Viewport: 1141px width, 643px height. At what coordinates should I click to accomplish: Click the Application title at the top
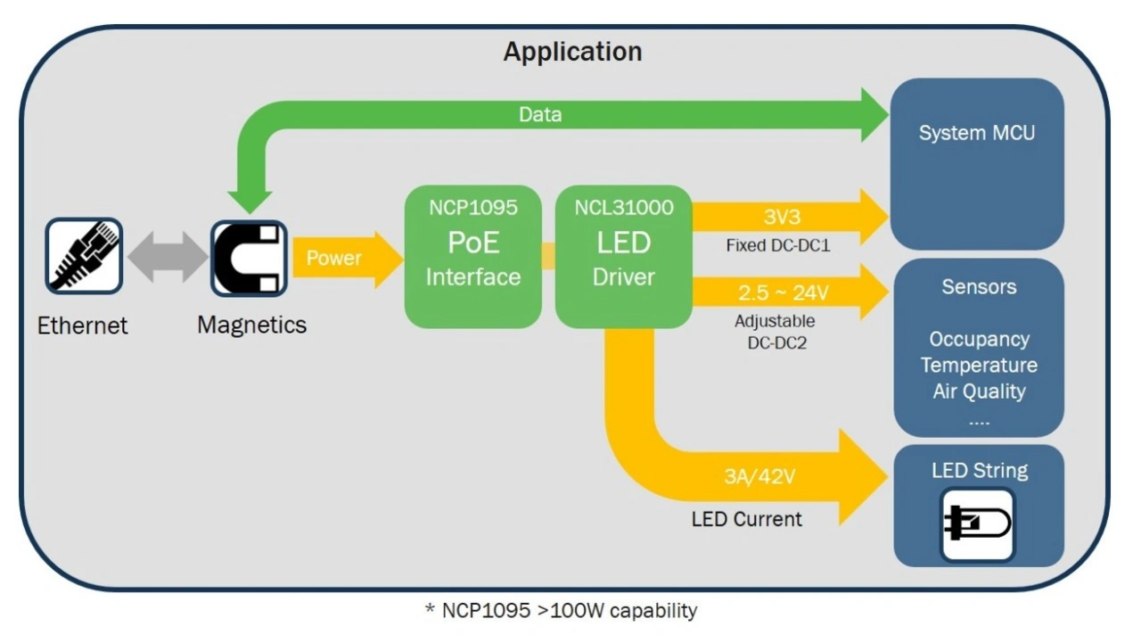point(572,52)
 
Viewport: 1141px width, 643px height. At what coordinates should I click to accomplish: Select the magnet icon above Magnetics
point(249,259)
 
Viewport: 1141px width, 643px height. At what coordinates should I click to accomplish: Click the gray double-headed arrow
point(167,258)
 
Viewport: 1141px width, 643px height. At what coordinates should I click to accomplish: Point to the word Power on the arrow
point(334,259)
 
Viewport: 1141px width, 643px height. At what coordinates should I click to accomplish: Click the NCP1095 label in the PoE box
point(472,208)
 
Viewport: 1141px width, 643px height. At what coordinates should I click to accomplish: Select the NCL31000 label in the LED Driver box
point(623,208)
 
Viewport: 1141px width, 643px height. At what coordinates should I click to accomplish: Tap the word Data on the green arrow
point(540,114)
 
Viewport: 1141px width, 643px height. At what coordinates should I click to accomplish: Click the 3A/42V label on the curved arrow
point(759,476)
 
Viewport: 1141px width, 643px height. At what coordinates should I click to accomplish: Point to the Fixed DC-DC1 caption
point(777,245)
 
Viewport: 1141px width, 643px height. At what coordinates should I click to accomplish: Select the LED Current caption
point(746,519)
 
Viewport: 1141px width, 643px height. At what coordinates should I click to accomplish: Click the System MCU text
point(977,134)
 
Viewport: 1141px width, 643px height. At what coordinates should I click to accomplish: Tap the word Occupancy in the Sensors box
point(979,340)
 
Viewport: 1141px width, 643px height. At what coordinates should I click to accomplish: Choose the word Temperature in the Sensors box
point(979,366)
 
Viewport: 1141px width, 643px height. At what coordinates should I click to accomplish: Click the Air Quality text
point(979,392)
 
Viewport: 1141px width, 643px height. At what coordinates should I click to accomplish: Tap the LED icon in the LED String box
point(978,524)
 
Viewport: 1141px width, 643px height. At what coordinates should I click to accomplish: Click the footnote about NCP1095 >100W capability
point(561,611)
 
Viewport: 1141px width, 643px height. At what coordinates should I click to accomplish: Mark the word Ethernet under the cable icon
point(83,326)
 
